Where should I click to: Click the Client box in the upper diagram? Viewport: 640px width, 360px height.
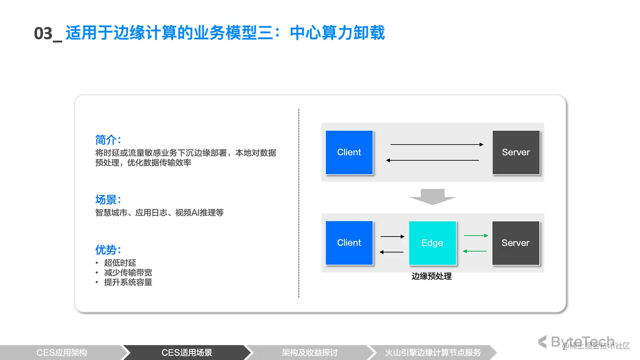(x=349, y=152)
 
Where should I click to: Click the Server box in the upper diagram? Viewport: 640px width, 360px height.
(x=516, y=152)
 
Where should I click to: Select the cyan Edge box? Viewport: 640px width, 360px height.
(x=432, y=243)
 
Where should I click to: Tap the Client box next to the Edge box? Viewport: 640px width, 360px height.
(x=349, y=243)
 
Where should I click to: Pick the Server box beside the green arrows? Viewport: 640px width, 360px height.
(x=516, y=243)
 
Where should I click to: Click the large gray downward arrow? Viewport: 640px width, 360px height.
(x=433, y=197)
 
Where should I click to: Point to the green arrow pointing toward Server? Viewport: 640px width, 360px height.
(x=476, y=236)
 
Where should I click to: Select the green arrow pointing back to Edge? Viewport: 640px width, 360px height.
(x=475, y=251)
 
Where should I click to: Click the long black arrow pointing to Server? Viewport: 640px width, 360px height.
(x=436, y=145)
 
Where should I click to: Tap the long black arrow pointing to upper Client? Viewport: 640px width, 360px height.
(x=432, y=160)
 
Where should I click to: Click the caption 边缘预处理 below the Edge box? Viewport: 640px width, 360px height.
(x=431, y=276)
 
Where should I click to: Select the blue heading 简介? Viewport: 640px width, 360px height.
(x=108, y=140)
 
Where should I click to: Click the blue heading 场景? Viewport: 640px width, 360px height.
(x=108, y=200)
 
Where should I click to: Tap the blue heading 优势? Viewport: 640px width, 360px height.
(x=108, y=250)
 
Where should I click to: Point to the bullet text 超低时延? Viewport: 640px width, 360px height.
(x=120, y=263)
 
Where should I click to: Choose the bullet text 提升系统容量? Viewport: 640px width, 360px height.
(x=128, y=282)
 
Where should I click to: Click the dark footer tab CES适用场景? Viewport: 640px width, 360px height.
(x=187, y=352)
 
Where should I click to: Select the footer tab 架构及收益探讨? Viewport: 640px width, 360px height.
(x=310, y=352)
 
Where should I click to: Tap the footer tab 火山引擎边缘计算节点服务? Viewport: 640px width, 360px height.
(x=433, y=352)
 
